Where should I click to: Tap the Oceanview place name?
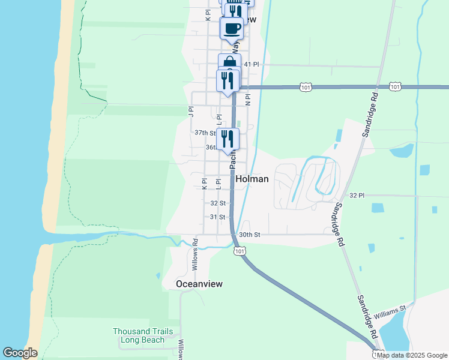[x=199, y=284]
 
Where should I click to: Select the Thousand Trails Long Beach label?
[x=143, y=335]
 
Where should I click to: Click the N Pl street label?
[x=247, y=98]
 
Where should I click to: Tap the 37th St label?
[x=205, y=133]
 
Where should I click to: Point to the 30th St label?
[x=249, y=235]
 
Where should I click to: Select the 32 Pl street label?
[x=357, y=196]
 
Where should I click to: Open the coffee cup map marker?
[x=231, y=27]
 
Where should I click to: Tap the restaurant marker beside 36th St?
[x=228, y=139]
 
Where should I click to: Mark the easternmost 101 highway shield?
[x=394, y=87]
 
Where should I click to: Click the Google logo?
[x=20, y=353]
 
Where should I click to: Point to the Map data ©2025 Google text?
[x=411, y=355]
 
